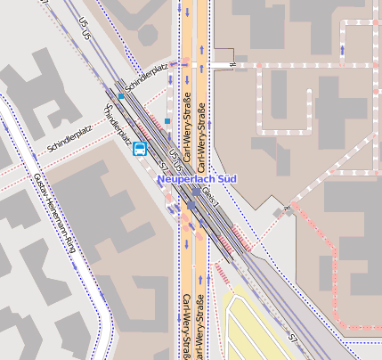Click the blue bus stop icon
pos(140,149)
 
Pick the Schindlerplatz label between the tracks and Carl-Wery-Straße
pos(147,74)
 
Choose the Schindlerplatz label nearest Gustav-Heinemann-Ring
pos(70,141)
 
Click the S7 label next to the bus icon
pos(162,167)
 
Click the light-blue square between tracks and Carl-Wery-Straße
pos(167,119)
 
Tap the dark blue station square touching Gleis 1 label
pos(197,190)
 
